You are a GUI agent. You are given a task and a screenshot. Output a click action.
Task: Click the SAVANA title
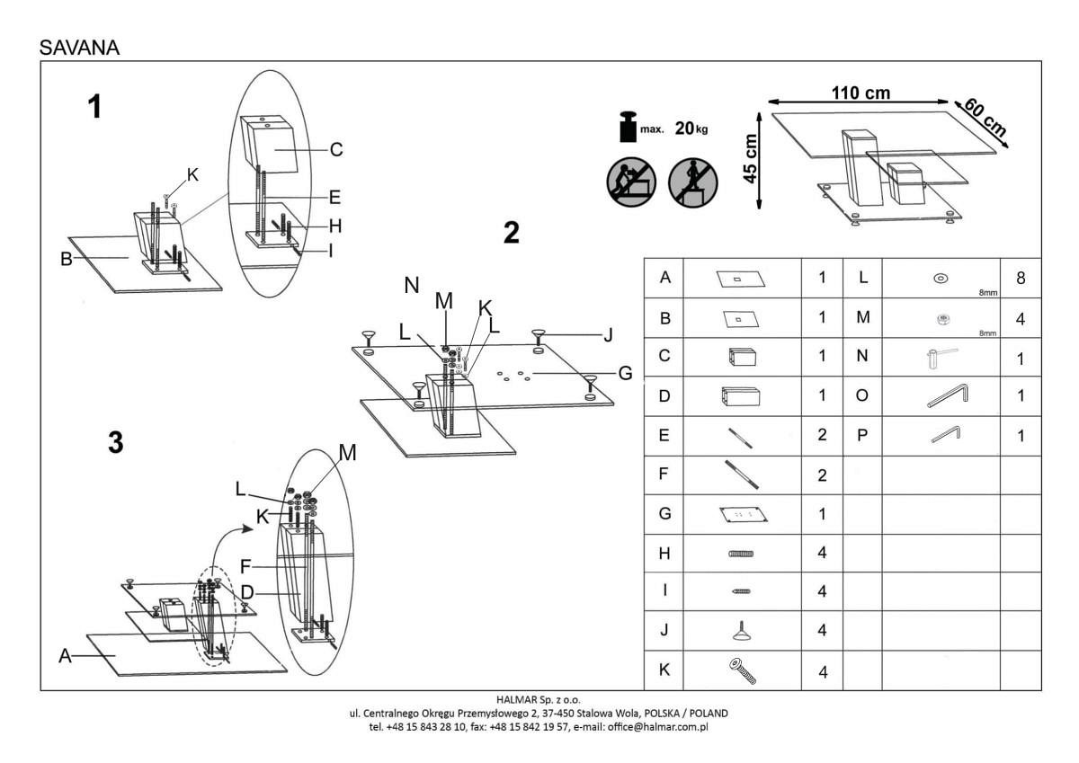coord(79,48)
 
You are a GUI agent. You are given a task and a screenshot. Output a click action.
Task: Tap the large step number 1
coord(94,108)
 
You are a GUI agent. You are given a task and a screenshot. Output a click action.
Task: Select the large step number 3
coord(114,443)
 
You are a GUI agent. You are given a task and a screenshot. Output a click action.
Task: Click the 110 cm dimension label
coord(861,93)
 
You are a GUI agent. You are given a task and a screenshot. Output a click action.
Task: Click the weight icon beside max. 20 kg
coord(627,127)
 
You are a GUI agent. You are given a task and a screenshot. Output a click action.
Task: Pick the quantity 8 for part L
coord(1021,279)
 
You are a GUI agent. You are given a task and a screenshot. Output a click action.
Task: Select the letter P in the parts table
coord(862,435)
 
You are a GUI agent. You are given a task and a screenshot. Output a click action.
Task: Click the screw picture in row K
coord(742,670)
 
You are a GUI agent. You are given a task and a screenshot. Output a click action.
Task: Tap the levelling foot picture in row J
coord(742,631)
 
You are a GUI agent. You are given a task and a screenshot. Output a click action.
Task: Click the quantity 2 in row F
coord(822,475)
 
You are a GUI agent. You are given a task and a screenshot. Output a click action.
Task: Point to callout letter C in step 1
coord(335,150)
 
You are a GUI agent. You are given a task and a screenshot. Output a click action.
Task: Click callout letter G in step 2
coord(626,372)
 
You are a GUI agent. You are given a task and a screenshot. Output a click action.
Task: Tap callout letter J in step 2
coord(609,336)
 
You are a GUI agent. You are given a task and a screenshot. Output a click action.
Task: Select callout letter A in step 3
coord(65,657)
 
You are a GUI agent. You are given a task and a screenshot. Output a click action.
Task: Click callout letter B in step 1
coord(66,260)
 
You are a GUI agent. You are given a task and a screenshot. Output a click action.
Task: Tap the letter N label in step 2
coord(412,286)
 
